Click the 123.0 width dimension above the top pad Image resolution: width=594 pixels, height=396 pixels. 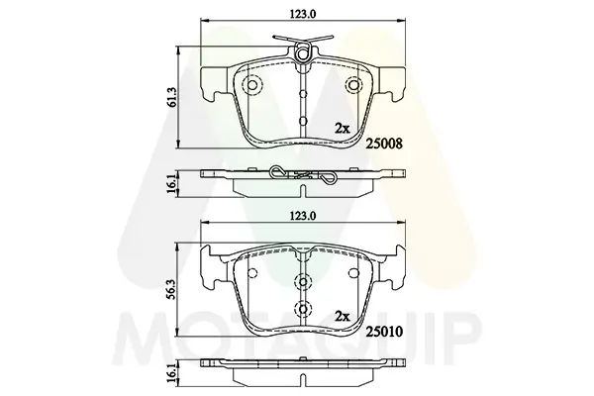click(303, 14)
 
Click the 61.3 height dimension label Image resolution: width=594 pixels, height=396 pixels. click(172, 97)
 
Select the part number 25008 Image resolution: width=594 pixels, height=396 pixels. click(383, 144)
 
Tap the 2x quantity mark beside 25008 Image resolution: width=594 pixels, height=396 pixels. click(343, 129)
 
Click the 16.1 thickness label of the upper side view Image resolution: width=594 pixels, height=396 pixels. click(172, 184)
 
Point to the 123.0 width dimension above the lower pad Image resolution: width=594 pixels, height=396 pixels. click(303, 216)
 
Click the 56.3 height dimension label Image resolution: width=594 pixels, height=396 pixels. click(172, 290)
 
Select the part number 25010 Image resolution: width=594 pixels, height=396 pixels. click(383, 332)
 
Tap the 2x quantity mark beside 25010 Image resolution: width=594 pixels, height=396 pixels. click(343, 317)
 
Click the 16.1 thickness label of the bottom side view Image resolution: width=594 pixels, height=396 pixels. click(172, 373)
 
